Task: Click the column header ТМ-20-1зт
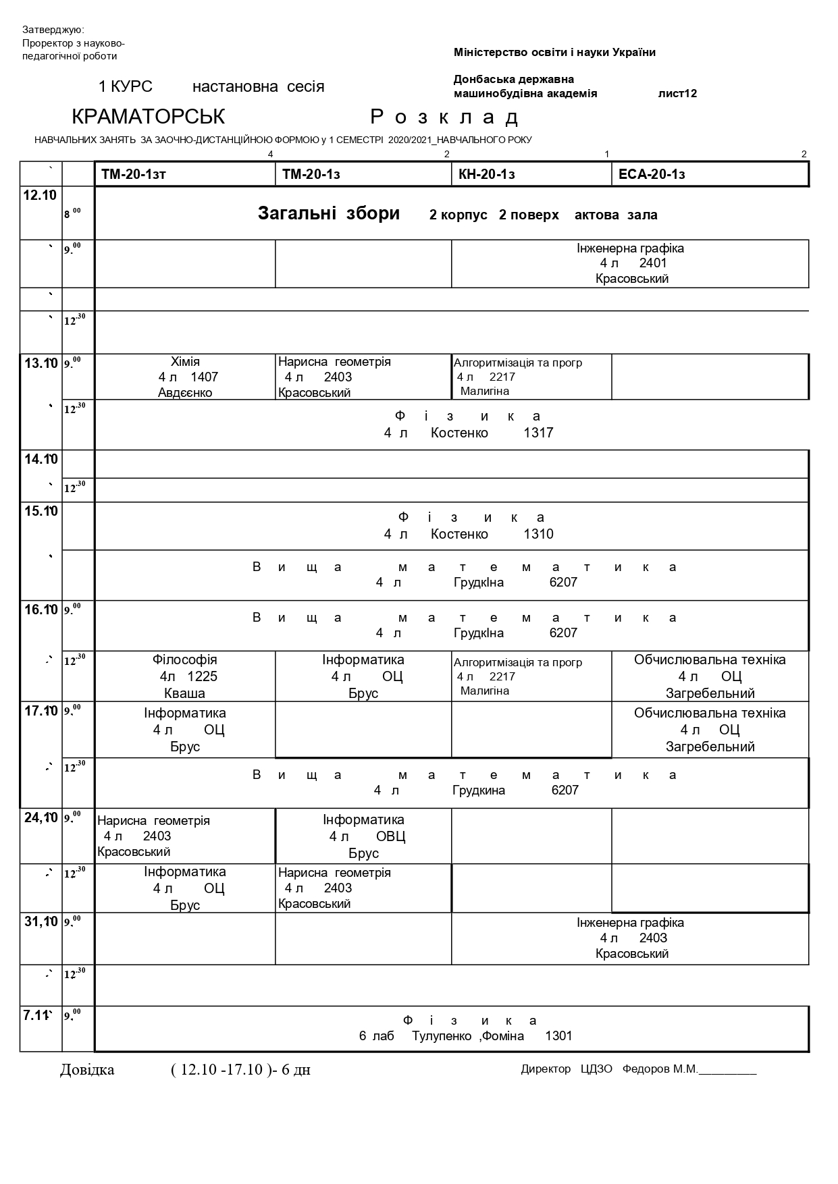click(x=134, y=175)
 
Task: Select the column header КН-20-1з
click(x=486, y=175)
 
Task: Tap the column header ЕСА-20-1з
click(x=652, y=175)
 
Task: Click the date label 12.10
click(x=40, y=196)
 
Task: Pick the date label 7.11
click(x=37, y=1015)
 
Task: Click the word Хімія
click(x=185, y=362)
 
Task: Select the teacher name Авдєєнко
click(x=185, y=393)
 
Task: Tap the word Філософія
click(x=185, y=660)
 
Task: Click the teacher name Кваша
click(x=185, y=693)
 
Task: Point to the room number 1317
click(x=538, y=433)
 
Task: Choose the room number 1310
click(x=538, y=534)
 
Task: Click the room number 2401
click(x=653, y=263)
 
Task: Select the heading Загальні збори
click(x=329, y=214)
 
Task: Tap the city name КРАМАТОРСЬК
click(x=148, y=117)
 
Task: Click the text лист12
click(x=677, y=94)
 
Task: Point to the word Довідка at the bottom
click(x=87, y=1070)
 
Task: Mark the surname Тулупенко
click(x=442, y=1036)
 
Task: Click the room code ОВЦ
click(x=390, y=837)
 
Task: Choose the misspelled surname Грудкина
click(x=479, y=790)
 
